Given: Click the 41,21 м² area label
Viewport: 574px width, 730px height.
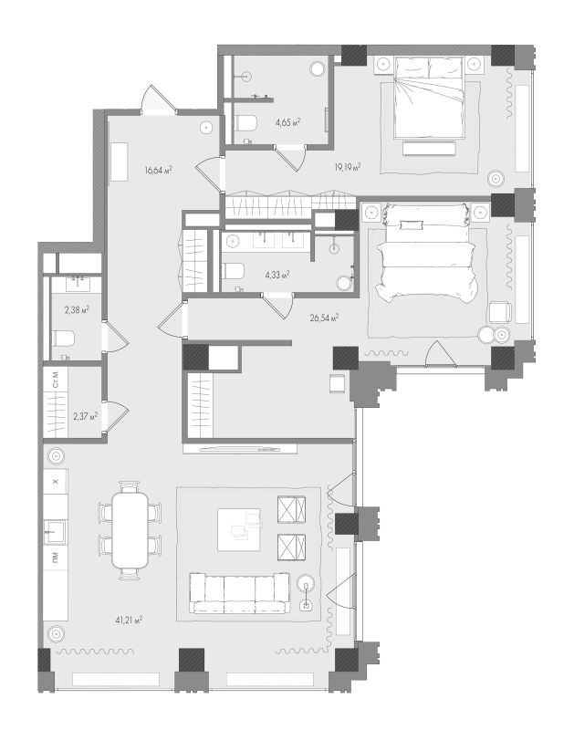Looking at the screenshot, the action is pyautogui.click(x=129, y=620).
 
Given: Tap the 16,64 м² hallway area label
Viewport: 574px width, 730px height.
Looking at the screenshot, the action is pyautogui.click(x=158, y=170).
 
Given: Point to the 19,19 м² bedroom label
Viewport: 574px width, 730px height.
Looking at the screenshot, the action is pyautogui.click(x=348, y=167).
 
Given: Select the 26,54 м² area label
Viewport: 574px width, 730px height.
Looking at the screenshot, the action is pyautogui.click(x=325, y=318).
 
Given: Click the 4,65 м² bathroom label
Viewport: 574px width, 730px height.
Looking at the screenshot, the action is pyautogui.click(x=287, y=122).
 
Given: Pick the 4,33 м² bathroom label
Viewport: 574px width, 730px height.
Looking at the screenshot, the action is pyautogui.click(x=277, y=275).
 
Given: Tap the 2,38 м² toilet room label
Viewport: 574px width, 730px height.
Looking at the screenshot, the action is pyautogui.click(x=77, y=309).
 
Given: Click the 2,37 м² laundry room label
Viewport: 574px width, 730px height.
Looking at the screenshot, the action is pyautogui.click(x=85, y=416).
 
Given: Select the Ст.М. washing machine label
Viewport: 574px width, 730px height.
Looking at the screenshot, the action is pyautogui.click(x=56, y=380).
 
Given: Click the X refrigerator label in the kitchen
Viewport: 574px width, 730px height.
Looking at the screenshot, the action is pyautogui.click(x=56, y=482).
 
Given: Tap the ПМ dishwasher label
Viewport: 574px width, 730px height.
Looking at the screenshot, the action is pyautogui.click(x=56, y=556).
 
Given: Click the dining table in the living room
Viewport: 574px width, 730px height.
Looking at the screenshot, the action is pyautogui.click(x=130, y=530).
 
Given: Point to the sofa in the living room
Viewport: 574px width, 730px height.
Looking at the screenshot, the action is pyautogui.click(x=239, y=593).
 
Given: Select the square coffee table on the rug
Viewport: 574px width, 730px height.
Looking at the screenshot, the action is pyautogui.click(x=239, y=529).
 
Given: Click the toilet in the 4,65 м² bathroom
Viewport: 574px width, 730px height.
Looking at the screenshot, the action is pyautogui.click(x=245, y=124).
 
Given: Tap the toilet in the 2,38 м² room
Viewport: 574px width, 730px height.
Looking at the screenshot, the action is pyautogui.click(x=62, y=338).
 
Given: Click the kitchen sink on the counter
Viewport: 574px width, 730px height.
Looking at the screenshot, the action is pyautogui.click(x=56, y=532).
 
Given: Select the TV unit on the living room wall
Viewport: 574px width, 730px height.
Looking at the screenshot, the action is pyautogui.click(x=240, y=449).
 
